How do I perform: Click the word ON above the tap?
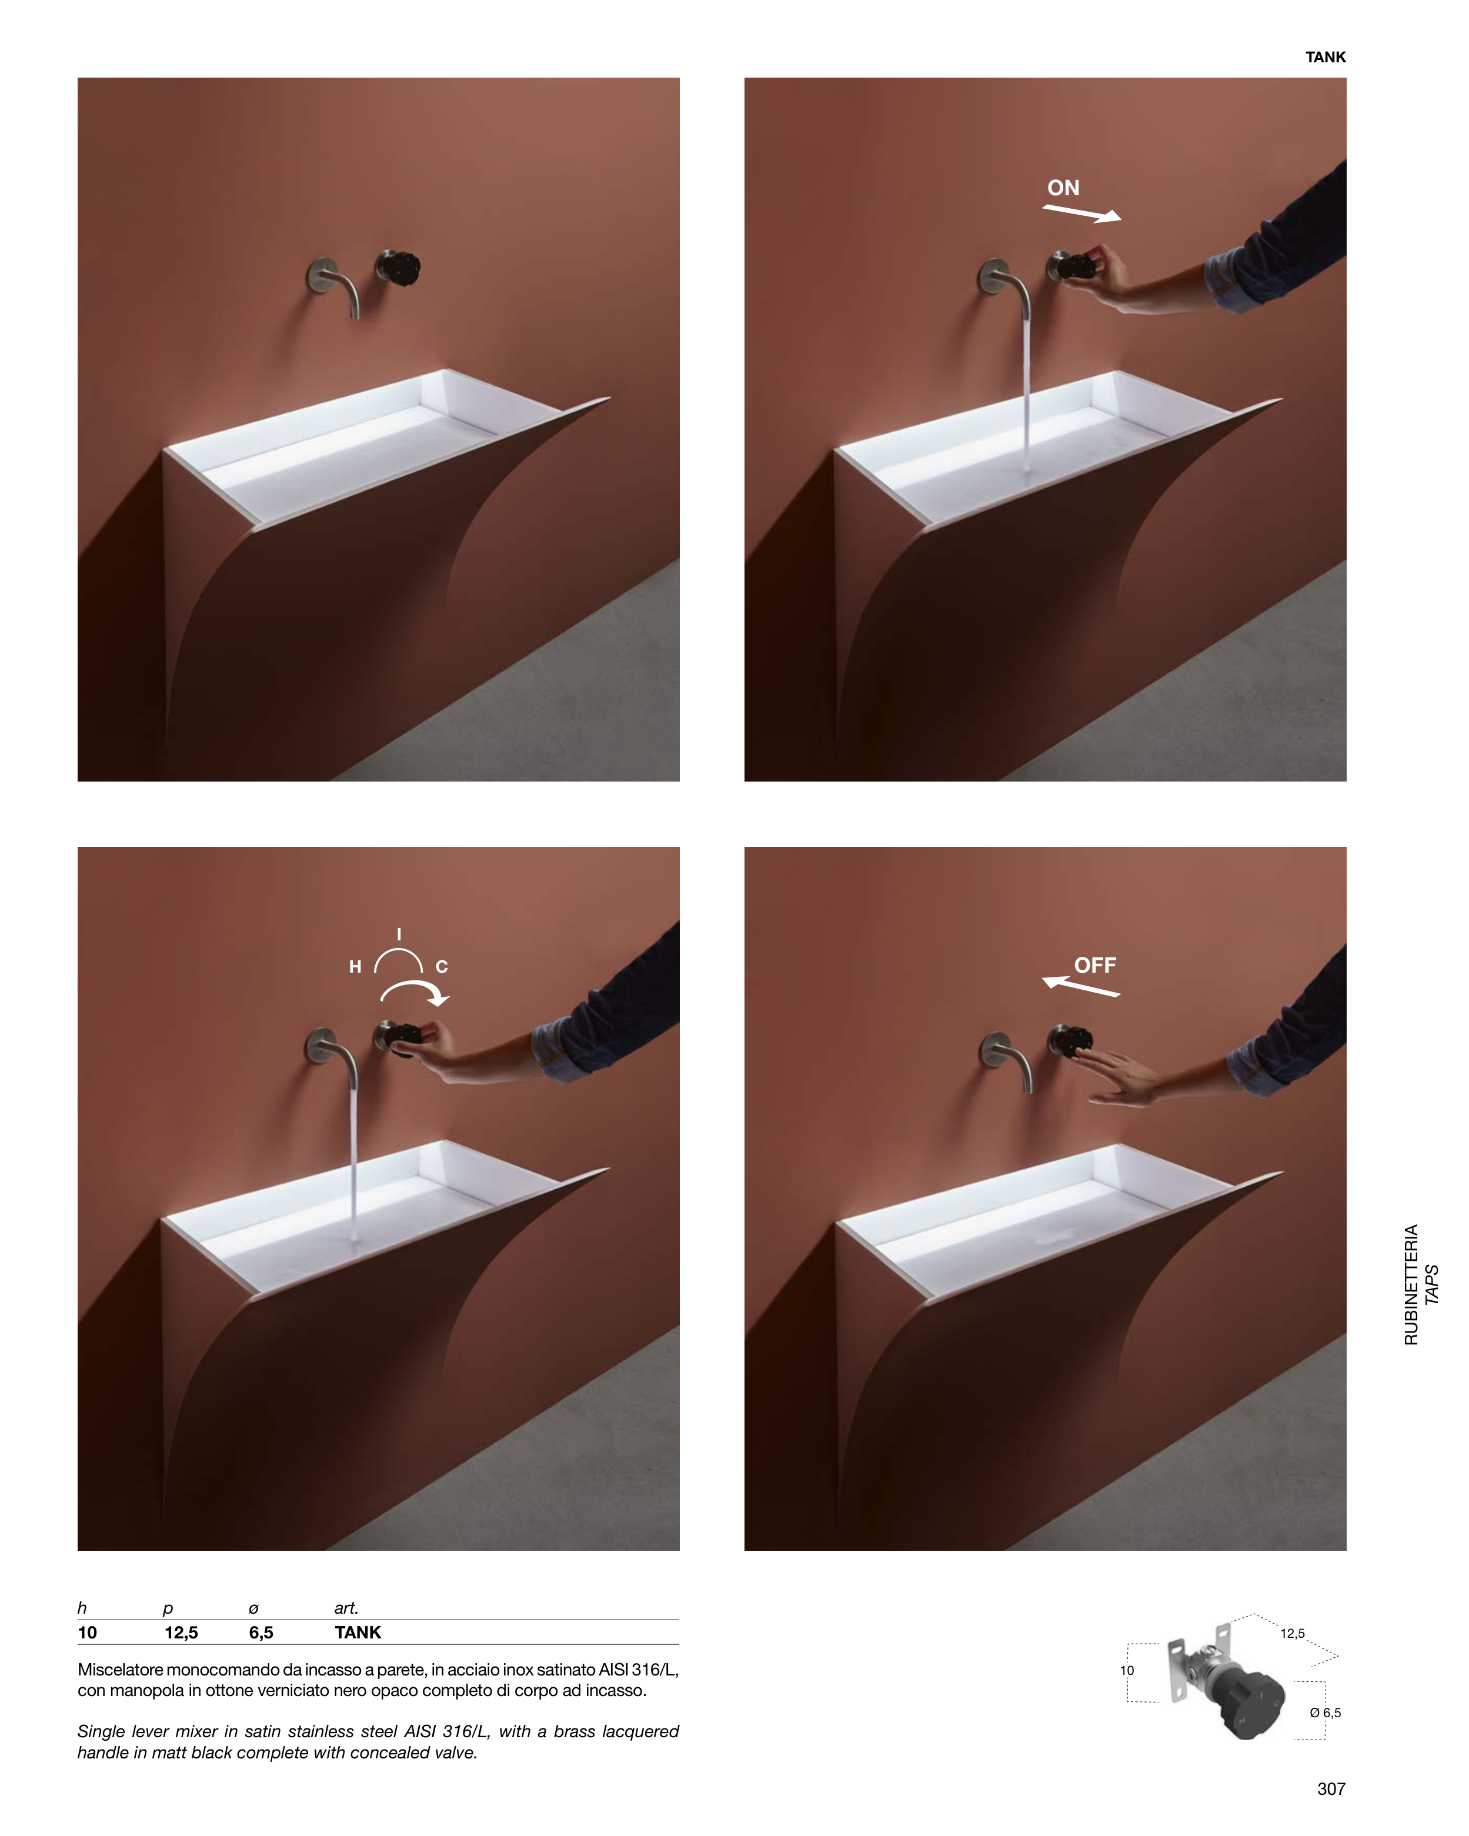(x=1063, y=188)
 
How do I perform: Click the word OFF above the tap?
(x=1094, y=965)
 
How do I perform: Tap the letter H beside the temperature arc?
(x=355, y=967)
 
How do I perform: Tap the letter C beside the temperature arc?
(x=441, y=967)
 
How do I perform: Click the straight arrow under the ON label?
(x=1081, y=213)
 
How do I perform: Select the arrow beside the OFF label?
(x=1081, y=986)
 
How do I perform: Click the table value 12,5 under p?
(x=181, y=1633)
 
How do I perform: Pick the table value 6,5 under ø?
(x=261, y=1633)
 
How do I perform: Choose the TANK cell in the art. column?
(x=358, y=1633)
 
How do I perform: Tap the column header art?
(x=346, y=1608)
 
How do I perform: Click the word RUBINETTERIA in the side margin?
(x=1411, y=1285)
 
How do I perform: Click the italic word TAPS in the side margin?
(x=1431, y=1285)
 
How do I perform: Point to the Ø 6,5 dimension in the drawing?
(x=1325, y=1713)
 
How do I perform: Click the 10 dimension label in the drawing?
(x=1127, y=1671)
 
